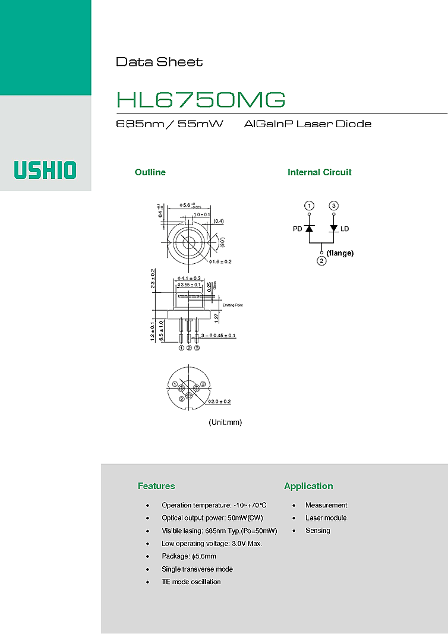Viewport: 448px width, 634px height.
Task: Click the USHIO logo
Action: point(46,171)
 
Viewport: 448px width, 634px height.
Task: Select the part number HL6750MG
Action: point(201,100)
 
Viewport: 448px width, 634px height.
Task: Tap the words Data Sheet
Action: point(159,62)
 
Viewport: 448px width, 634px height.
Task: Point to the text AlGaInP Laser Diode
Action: point(308,124)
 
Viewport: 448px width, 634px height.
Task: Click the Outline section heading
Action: point(150,172)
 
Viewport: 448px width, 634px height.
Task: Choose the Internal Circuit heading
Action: point(320,172)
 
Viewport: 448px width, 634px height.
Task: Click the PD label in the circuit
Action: point(298,229)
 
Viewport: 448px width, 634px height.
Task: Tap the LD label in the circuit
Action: point(345,229)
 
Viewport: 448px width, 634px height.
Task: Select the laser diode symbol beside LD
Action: point(334,228)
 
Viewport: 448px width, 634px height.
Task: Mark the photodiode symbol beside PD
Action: point(309,228)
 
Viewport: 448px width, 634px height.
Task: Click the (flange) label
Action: point(340,253)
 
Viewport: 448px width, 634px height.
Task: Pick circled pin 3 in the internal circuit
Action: point(334,206)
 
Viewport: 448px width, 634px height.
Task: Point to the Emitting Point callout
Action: point(233,305)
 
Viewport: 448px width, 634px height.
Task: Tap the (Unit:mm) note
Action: point(225,422)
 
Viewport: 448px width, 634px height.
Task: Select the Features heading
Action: point(156,486)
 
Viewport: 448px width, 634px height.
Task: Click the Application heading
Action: point(308,486)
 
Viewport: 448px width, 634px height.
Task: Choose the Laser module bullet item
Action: point(326,518)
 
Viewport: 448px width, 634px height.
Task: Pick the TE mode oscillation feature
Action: point(191,582)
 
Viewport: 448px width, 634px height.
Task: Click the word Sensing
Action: point(318,531)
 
